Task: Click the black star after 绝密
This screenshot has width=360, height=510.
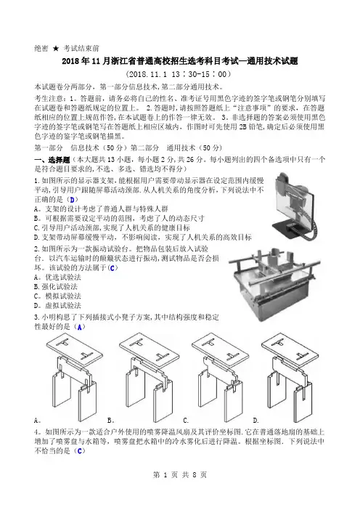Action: [x=56, y=49]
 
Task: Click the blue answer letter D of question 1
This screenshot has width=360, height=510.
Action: [x=72, y=200]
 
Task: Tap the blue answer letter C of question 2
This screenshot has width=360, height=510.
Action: [x=112, y=268]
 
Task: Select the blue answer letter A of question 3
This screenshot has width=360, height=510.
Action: [x=80, y=327]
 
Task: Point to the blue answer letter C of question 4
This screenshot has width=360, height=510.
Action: [x=80, y=451]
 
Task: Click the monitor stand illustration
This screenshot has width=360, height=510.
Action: [x=298, y=206]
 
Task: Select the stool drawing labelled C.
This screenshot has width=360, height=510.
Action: [x=220, y=377]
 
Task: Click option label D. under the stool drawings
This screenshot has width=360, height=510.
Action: [x=255, y=421]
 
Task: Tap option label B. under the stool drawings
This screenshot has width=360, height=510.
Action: [x=111, y=421]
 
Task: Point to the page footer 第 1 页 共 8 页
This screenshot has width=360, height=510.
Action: [x=180, y=475]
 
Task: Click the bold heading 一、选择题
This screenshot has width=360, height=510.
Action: [x=52, y=160]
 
